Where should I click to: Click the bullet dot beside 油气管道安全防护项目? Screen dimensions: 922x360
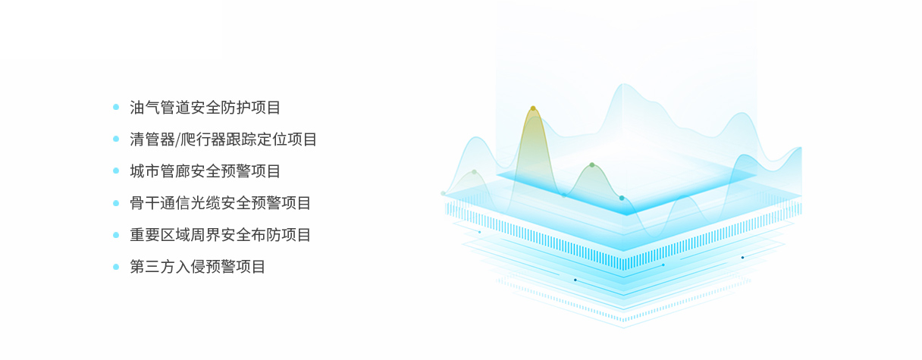click(x=116, y=107)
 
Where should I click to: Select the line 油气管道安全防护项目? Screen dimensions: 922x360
click(x=205, y=108)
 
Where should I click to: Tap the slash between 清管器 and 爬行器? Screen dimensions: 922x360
click(x=177, y=139)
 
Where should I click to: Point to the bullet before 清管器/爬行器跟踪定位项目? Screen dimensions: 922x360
click(x=116, y=139)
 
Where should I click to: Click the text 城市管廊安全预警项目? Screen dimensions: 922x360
click(x=205, y=171)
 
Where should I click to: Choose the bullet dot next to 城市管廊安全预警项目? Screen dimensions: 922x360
click(x=116, y=171)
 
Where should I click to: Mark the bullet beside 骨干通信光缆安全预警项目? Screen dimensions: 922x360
click(x=116, y=203)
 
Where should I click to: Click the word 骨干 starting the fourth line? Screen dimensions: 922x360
click(x=145, y=203)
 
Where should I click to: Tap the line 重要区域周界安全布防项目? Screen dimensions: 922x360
click(x=220, y=235)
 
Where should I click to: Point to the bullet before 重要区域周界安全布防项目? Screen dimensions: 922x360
click(x=116, y=235)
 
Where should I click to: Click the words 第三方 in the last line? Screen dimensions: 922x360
click(x=152, y=267)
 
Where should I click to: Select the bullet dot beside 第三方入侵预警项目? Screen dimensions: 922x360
click(x=116, y=267)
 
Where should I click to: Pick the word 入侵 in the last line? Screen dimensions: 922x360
click(x=190, y=267)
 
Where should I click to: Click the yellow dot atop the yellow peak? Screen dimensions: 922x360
click(x=533, y=108)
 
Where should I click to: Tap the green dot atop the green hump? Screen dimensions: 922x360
click(x=592, y=165)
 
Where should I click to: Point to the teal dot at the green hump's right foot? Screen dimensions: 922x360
click(x=622, y=198)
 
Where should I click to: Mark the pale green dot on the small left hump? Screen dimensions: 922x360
click(x=474, y=172)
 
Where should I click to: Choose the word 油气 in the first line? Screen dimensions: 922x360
click(x=145, y=108)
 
